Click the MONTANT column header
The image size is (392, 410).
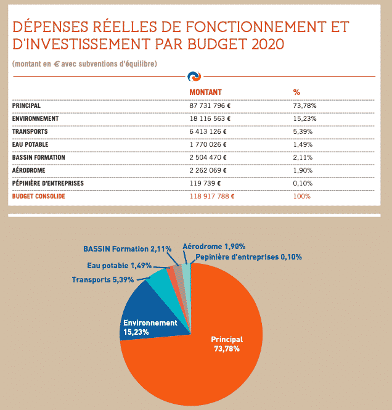point(205,92)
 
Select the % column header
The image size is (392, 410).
point(296,92)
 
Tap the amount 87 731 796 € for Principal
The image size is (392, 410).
point(210,105)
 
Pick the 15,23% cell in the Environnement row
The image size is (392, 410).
point(304,118)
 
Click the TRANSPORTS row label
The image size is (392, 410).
point(30,131)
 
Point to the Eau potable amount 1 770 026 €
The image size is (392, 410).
point(208,144)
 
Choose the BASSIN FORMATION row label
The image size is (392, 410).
point(38,157)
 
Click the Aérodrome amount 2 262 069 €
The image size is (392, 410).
point(208,170)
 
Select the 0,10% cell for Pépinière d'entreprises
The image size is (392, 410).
point(303,183)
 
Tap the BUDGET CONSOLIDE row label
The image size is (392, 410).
point(38,196)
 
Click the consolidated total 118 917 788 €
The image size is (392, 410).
point(211,196)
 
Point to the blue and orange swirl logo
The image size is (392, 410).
point(194,76)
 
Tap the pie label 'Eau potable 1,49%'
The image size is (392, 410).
point(119,266)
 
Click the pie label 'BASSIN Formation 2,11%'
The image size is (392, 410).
point(127,248)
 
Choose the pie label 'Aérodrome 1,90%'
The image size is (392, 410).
point(214,247)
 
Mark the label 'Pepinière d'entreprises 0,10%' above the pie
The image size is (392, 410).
point(248,257)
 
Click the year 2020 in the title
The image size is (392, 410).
point(268,44)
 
